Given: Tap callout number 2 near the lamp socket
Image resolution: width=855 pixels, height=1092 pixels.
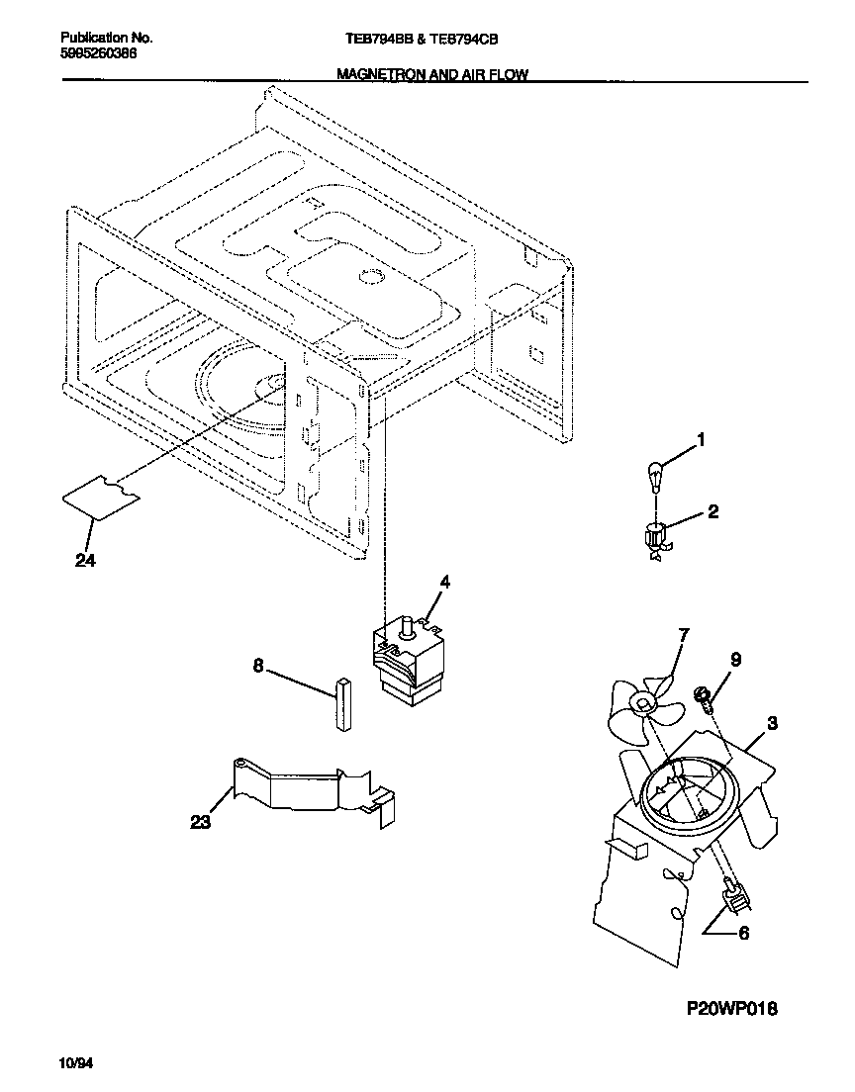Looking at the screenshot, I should tap(713, 511).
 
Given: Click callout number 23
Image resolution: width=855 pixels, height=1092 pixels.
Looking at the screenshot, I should tap(201, 822).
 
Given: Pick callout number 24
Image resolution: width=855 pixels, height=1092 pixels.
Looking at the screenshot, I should tap(88, 560).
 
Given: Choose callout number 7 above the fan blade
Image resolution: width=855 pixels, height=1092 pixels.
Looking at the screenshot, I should tap(684, 634).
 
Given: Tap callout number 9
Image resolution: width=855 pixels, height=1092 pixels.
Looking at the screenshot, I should tap(734, 660).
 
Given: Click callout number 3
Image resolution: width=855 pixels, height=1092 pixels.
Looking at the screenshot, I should tap(773, 723).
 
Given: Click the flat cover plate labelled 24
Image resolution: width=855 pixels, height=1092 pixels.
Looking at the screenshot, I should tap(100, 495).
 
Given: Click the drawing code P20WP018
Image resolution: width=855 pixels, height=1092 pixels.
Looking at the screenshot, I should tap(732, 1009).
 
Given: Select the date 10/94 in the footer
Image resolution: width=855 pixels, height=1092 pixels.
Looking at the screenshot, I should tap(76, 1064).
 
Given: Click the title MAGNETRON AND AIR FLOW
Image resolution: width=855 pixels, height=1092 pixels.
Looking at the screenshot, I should tap(432, 74).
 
